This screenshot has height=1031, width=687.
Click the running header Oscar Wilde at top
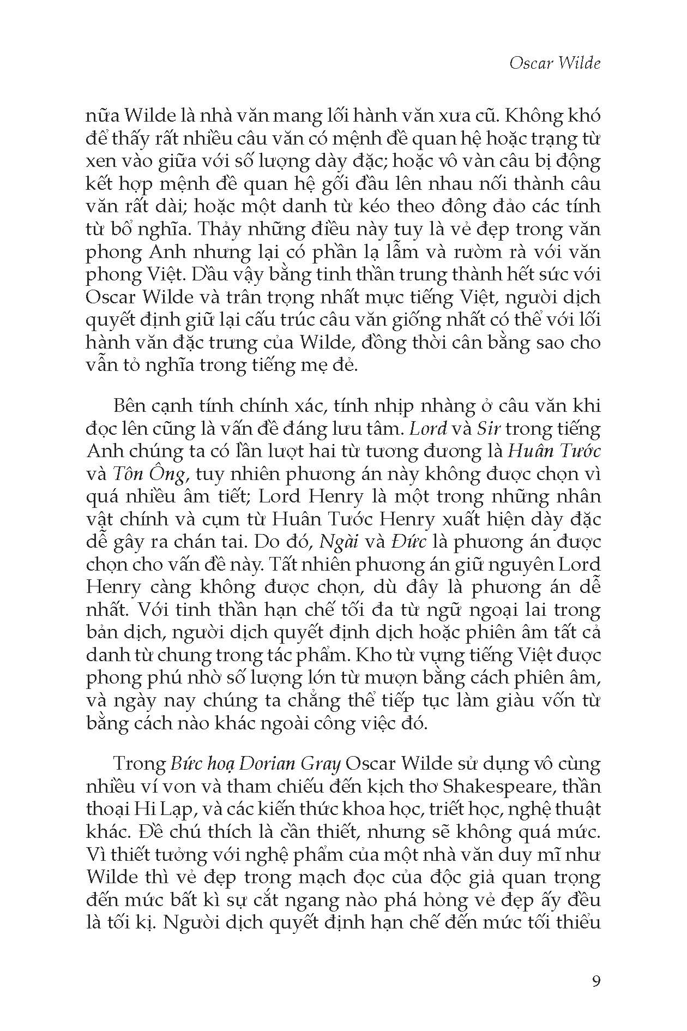(555, 63)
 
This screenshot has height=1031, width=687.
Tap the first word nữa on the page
(102, 116)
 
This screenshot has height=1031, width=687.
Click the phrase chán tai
(211, 542)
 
